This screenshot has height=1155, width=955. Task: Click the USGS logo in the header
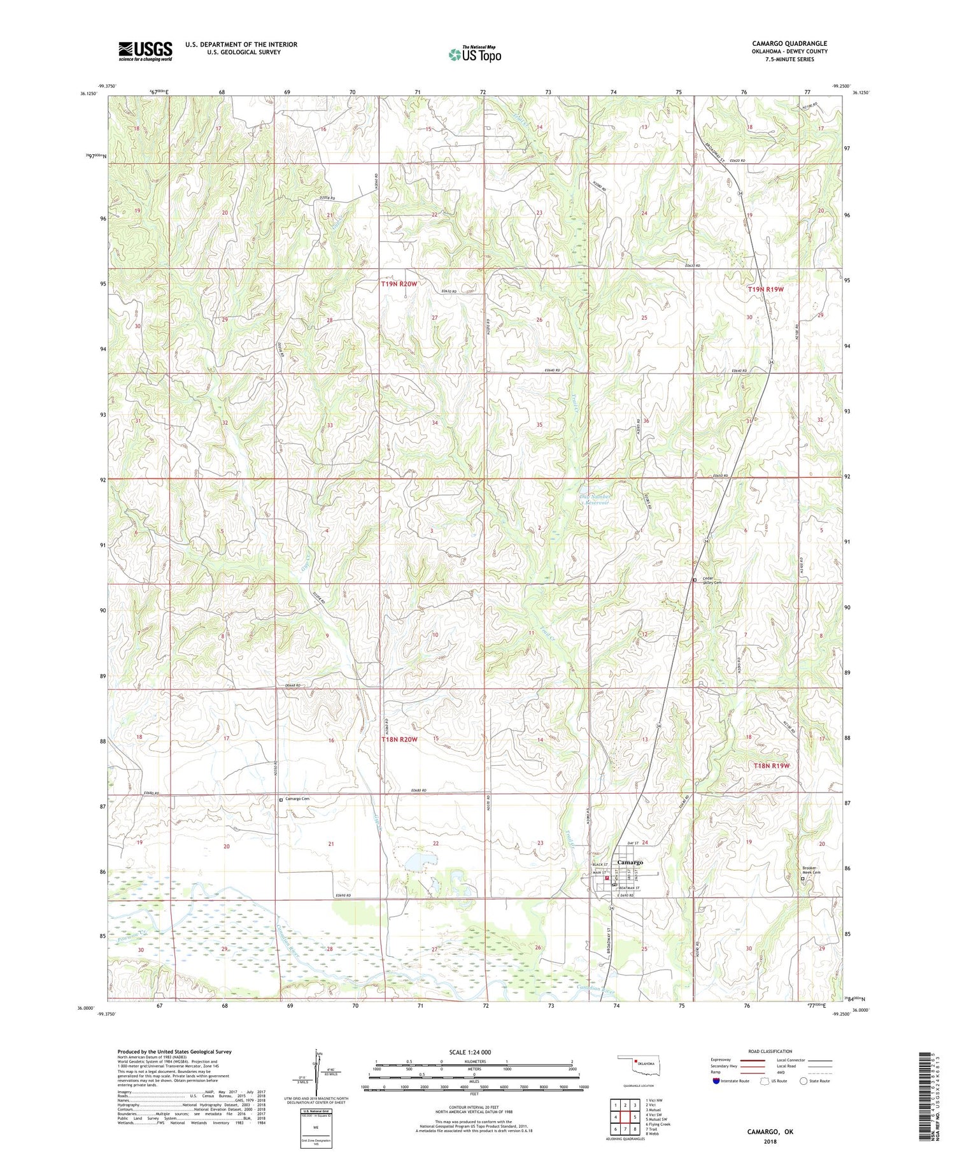point(145,51)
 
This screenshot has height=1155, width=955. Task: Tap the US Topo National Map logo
point(474,54)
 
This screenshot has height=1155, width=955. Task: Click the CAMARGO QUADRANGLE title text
point(789,43)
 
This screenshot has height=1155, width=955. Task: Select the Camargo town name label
point(630,862)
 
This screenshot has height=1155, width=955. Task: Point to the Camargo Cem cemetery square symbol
point(281,800)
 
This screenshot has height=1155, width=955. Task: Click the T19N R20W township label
point(399,284)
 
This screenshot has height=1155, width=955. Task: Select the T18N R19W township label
point(771,765)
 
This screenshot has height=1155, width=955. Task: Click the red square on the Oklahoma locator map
point(635,1061)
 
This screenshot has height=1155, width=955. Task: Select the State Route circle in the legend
point(803,1080)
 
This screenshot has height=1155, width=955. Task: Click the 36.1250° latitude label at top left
point(89,94)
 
